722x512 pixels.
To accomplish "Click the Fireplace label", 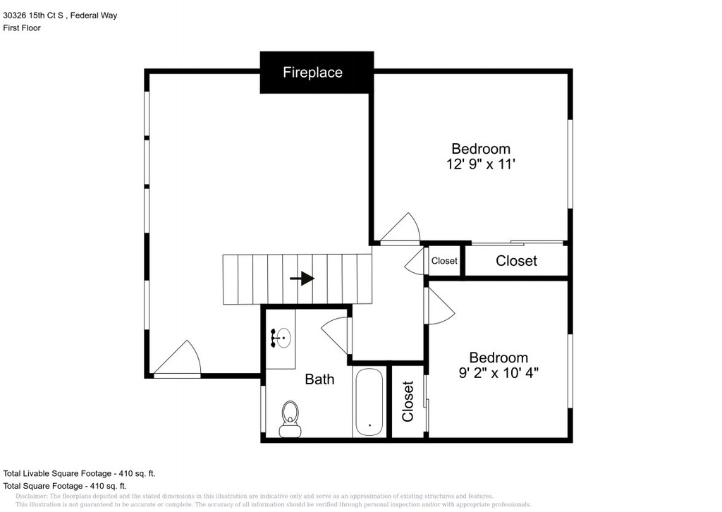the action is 312,73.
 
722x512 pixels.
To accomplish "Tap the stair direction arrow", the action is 302,279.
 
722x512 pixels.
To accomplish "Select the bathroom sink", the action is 281,339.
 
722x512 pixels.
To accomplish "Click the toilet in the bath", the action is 290,418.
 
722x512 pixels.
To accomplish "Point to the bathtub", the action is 369,402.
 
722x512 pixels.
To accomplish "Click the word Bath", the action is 319,379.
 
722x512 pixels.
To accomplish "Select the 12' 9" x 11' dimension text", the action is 481,164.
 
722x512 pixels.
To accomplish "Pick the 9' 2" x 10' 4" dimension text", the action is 498,372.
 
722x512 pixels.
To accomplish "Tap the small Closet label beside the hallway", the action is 444,261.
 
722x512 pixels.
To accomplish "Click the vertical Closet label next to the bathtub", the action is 408,401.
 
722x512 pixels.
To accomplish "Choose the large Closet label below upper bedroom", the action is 516,261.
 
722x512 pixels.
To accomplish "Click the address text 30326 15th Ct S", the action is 33,16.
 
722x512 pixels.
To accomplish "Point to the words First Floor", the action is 22,28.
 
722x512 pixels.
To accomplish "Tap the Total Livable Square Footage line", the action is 79,473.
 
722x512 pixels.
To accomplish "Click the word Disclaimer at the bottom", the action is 31,496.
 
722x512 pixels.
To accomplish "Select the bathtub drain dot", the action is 369,425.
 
